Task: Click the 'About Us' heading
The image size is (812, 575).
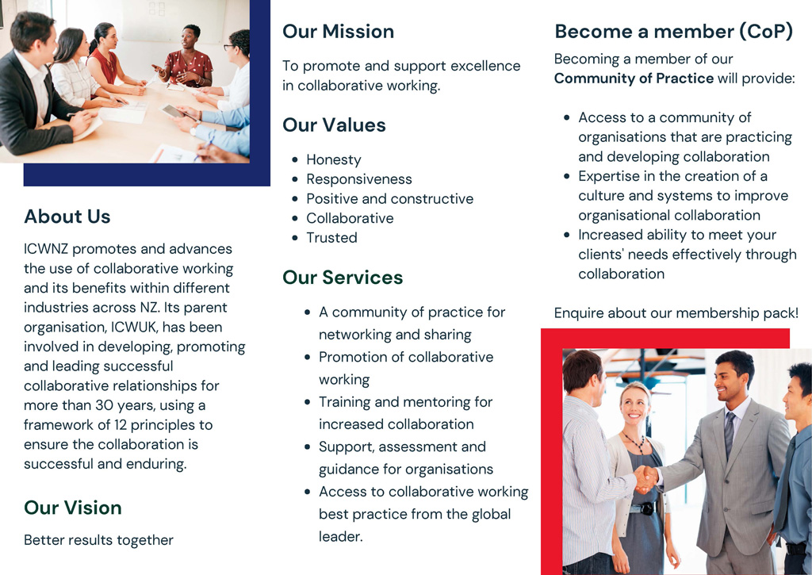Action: tap(67, 217)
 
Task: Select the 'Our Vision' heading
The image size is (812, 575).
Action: tap(73, 508)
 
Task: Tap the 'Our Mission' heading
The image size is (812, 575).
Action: tap(338, 32)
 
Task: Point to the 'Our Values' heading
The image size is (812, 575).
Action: tap(334, 125)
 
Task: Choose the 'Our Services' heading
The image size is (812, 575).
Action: tap(343, 278)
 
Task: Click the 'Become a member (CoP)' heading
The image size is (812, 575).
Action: tap(674, 32)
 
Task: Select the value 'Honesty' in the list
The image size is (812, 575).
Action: tap(334, 159)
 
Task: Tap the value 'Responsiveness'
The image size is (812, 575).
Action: tap(359, 179)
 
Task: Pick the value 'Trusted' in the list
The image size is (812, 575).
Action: tap(331, 238)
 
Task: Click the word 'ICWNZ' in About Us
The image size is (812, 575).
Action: tap(46, 249)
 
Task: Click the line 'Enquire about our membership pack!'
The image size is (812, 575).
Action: tap(676, 313)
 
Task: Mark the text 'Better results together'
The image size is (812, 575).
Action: tap(98, 540)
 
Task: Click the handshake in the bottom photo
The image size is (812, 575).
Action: tap(646, 479)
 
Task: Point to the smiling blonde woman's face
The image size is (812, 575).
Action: tap(635, 409)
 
